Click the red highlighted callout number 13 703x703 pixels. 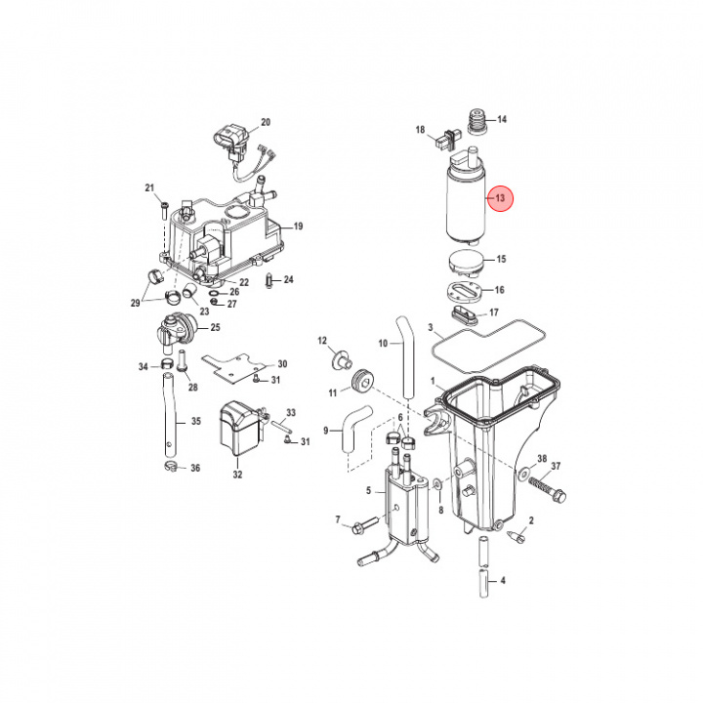pos(500,199)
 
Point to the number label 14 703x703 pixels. pos(503,120)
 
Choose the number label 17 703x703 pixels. pos(494,312)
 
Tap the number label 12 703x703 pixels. pos(320,341)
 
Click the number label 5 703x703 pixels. pos(369,490)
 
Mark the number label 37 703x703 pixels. pos(557,466)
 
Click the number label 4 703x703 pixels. pos(502,581)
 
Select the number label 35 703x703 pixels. pos(195,423)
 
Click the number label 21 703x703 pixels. pos(150,187)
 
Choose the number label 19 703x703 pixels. pos(298,227)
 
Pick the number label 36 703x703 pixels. pos(195,469)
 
